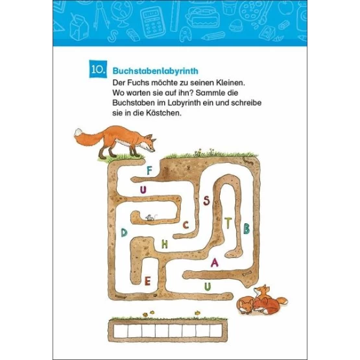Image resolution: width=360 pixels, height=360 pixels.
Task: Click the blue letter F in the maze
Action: pyautogui.click(x=149, y=171)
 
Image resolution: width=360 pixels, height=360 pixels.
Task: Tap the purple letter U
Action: pyautogui.click(x=143, y=190)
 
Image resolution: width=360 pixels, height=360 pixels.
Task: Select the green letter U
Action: pyautogui.click(x=208, y=287)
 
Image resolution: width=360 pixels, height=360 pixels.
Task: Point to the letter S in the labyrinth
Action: pyautogui.click(x=206, y=201)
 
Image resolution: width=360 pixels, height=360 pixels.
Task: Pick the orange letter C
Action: pyautogui.click(x=186, y=225)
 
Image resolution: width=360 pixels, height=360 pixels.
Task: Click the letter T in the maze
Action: pyautogui.click(x=228, y=223)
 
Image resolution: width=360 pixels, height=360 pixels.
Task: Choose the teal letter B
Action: pyautogui.click(x=246, y=228)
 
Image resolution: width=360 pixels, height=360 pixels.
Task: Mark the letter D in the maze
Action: pyautogui.click(x=124, y=233)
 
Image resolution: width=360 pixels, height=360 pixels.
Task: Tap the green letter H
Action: pyautogui.click(x=164, y=244)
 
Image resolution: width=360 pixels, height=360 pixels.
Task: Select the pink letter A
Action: pyautogui.click(x=215, y=263)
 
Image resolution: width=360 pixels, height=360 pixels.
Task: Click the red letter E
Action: pyautogui.click(x=147, y=281)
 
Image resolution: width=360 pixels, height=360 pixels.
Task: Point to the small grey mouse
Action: pyautogui.click(x=150, y=217)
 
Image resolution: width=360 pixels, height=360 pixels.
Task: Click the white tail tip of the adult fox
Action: pyautogui.click(x=78, y=132)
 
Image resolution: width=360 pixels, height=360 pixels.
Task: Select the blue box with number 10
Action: pyautogui.click(x=98, y=69)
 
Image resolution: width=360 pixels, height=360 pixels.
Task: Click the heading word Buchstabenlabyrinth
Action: pyautogui.click(x=155, y=71)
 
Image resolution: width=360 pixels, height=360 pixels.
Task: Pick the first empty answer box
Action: pyautogui.click(x=121, y=331)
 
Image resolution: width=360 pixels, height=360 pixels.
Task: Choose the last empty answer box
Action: pyautogui.click(x=216, y=331)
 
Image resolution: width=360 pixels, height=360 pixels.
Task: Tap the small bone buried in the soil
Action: pyautogui.click(x=247, y=273)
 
